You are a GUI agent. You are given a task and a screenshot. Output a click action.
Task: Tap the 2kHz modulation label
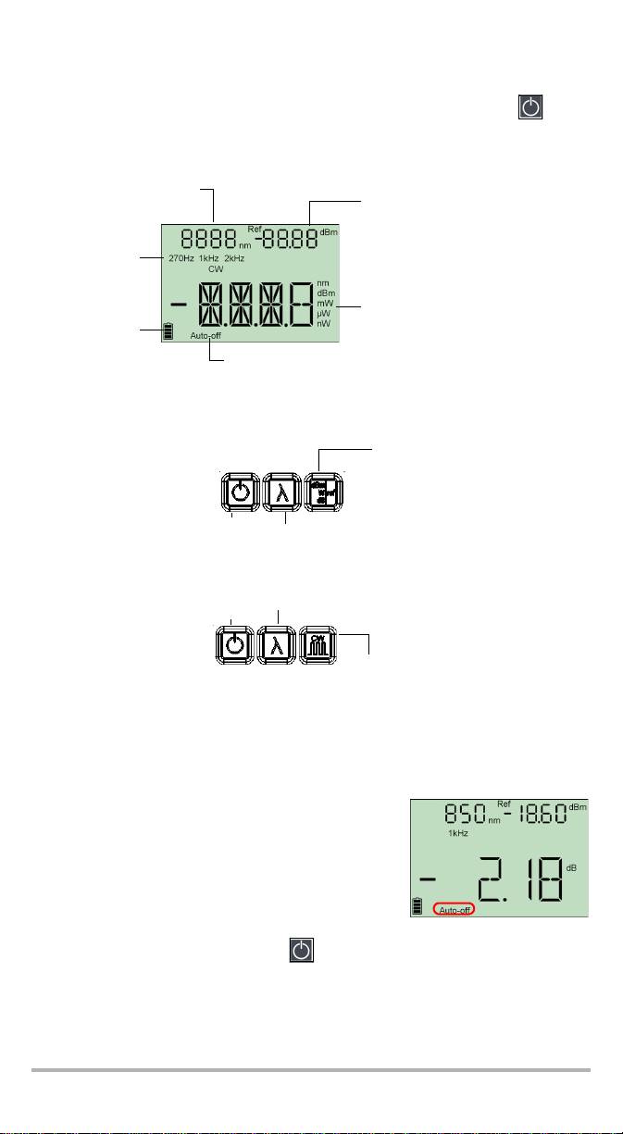(x=233, y=258)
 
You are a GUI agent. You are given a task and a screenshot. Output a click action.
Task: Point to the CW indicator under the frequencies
(x=216, y=268)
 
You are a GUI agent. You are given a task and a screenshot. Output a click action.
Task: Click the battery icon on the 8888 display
(x=167, y=330)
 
